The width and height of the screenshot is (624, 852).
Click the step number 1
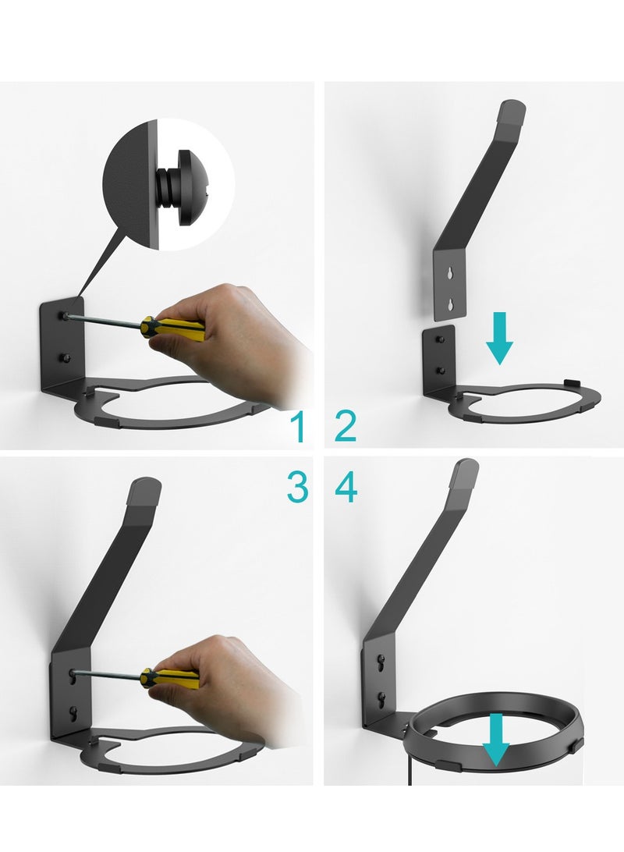297,427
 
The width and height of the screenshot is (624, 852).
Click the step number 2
346,427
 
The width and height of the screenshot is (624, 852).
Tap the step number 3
297,488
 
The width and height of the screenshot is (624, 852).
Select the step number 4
346,488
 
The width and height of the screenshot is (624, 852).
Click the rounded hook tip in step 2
512,112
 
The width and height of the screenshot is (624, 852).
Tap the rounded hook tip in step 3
146,491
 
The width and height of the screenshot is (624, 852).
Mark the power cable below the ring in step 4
408,769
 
